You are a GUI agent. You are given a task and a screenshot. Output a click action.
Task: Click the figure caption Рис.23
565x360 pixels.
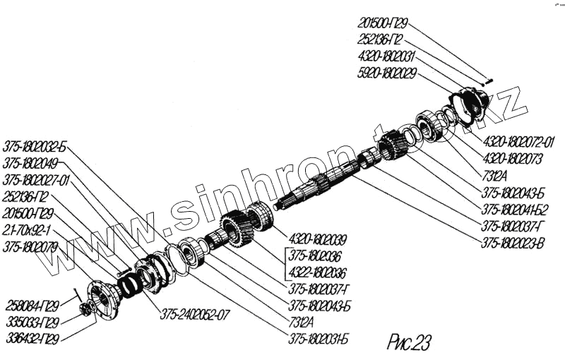pos(409,342)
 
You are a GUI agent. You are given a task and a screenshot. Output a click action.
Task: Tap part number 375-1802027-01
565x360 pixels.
pos(36,180)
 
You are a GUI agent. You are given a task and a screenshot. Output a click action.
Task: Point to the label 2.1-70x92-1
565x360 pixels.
pos(30,231)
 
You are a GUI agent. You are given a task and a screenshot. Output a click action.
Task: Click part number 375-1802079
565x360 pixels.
pos(29,247)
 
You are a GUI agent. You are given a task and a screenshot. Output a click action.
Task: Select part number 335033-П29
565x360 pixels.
pos(32,322)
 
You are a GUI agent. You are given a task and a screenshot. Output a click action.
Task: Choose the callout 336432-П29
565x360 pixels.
pos(32,339)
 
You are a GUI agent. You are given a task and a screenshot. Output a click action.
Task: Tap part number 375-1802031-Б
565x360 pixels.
pos(319,339)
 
